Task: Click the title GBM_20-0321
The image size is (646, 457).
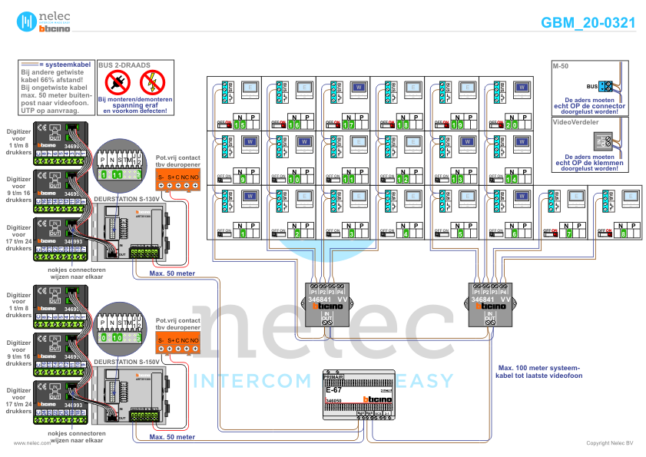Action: (588, 23)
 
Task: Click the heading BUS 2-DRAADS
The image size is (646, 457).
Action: (124, 66)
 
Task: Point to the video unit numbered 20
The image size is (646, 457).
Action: (508, 104)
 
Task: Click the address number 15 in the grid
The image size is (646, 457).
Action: (241, 124)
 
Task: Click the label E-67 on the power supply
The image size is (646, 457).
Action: (334, 391)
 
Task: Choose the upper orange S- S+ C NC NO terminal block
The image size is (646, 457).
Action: (177, 177)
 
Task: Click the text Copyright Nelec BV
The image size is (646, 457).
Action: (610, 443)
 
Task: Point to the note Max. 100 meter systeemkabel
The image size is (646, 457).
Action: (538, 372)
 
